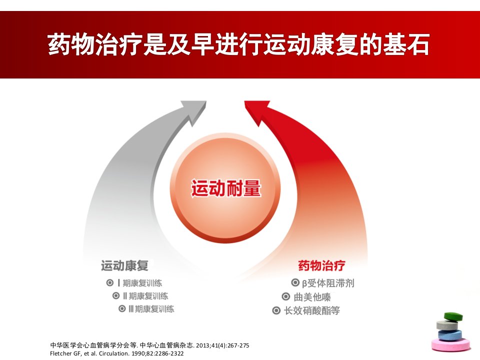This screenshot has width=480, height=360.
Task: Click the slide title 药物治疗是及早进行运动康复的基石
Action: pyautogui.click(x=238, y=44)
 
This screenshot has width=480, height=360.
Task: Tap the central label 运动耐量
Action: pyautogui.click(x=226, y=188)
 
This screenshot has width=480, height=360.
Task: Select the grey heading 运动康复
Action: pyautogui.click(x=124, y=265)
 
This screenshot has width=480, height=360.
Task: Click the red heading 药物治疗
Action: pyautogui.click(x=321, y=265)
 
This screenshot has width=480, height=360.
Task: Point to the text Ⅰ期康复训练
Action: pyautogui.click(x=139, y=283)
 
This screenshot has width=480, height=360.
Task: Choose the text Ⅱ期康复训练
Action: pyautogui.click(x=145, y=296)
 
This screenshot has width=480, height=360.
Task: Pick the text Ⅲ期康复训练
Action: pyautogui.click(x=151, y=309)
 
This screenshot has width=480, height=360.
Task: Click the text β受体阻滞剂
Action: pyautogui.click(x=328, y=283)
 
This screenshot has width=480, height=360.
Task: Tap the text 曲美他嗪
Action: pyautogui.click(x=312, y=297)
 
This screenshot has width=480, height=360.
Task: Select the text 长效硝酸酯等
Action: pyautogui.click(x=311, y=310)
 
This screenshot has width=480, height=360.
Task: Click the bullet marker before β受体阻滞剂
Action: pyautogui.click(x=295, y=282)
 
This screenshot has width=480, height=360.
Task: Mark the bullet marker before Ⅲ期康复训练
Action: pyautogui.click(x=122, y=308)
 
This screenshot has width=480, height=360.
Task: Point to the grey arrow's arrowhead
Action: pyautogui.click(x=194, y=112)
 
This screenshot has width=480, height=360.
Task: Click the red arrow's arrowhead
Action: pyautogui.click(x=256, y=112)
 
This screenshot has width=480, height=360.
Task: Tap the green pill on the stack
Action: pyautogui.click(x=453, y=316)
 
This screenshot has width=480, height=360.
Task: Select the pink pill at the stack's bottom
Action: pyautogui.click(x=451, y=344)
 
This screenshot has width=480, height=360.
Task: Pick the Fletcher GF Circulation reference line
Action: pyautogui.click(x=117, y=353)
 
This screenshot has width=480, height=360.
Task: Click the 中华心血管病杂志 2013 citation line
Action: pyautogui.click(x=149, y=345)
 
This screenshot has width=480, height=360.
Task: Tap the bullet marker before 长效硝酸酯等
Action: pyautogui.click(x=276, y=310)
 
